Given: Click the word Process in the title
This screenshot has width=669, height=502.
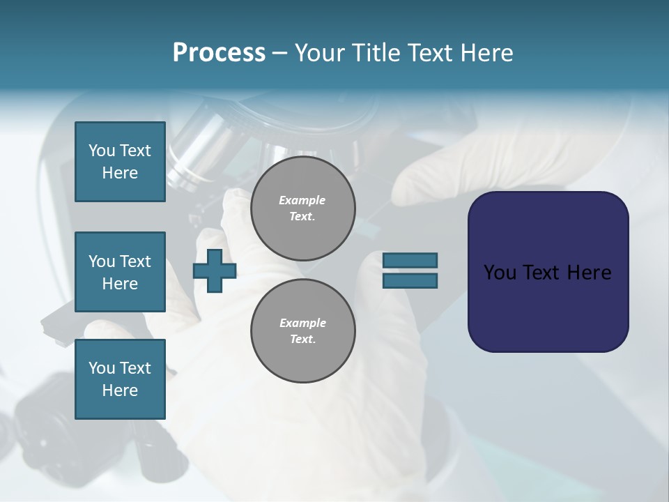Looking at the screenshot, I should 219,53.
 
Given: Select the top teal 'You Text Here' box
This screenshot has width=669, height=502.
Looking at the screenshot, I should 120,162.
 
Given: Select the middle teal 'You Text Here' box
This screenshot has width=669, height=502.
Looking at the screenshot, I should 120,272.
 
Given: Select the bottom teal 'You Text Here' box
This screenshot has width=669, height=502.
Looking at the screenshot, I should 120,379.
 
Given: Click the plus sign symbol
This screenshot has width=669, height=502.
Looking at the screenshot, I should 215,271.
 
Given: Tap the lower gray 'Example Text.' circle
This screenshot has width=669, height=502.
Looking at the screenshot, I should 302,331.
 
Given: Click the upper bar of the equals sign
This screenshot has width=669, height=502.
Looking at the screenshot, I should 410,260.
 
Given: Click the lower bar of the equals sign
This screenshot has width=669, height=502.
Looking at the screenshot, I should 410,281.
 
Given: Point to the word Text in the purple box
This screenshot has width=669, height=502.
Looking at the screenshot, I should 543,273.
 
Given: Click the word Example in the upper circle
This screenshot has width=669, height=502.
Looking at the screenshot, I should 302,200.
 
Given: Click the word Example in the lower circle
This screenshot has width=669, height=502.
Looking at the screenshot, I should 302,323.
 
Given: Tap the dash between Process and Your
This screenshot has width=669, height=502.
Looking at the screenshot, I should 280,53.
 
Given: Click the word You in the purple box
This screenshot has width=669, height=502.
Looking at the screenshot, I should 500,273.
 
